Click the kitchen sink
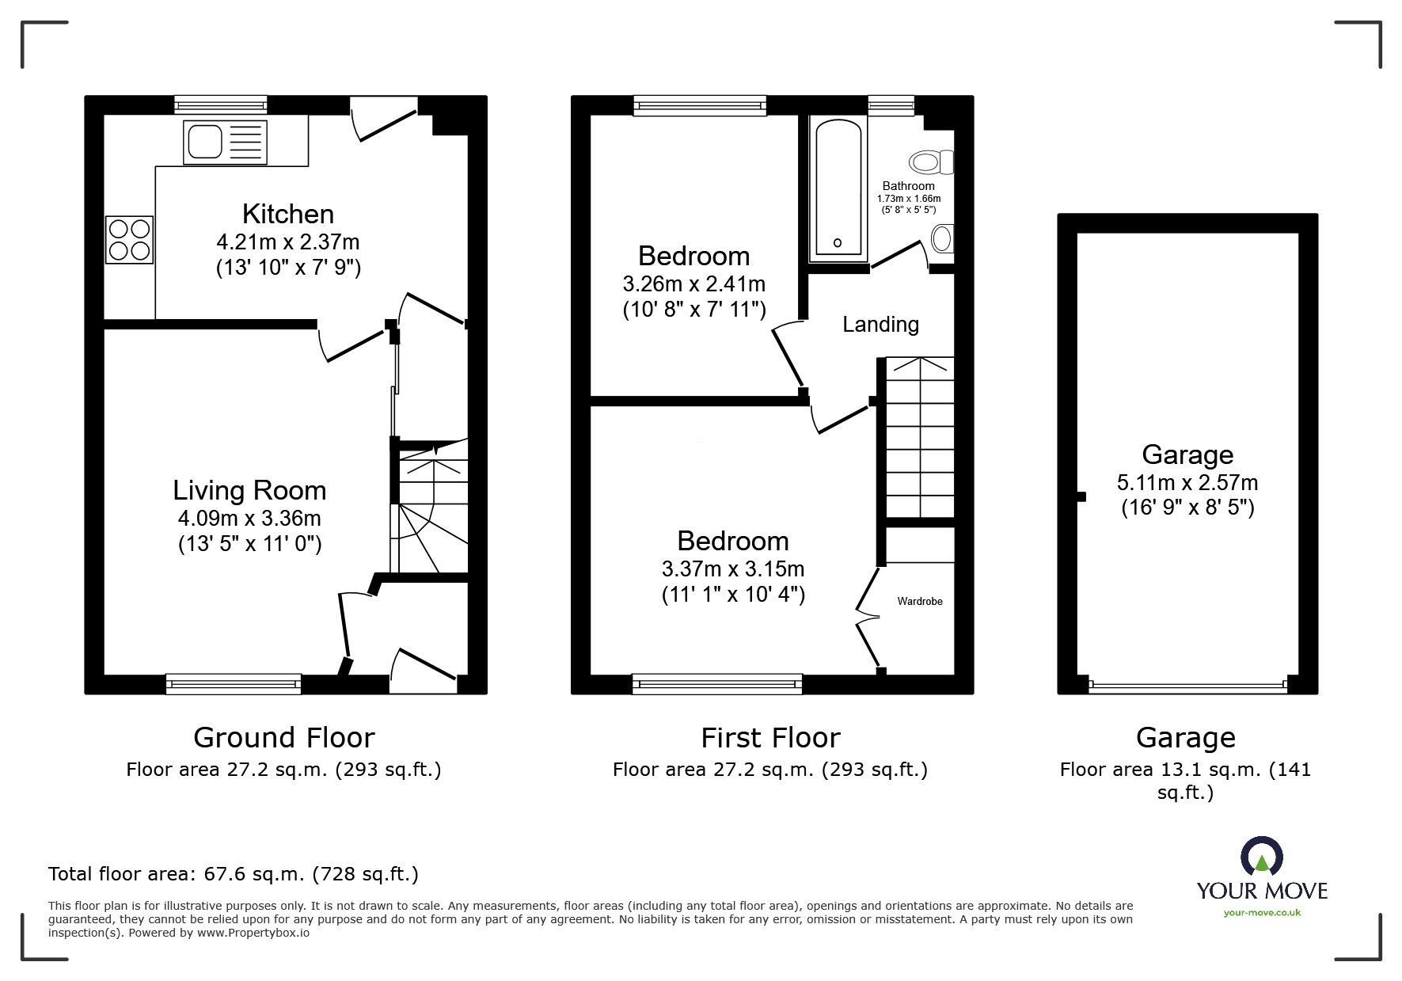[225, 142]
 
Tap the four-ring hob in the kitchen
[129, 239]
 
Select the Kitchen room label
[287, 214]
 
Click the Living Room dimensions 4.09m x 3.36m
[249, 519]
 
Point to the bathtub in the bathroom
[837, 188]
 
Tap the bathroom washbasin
[941, 238]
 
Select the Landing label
[880, 324]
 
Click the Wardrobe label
[919, 602]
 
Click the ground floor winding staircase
[431, 511]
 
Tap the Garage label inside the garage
[1187, 454]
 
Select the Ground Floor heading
[283, 738]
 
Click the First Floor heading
[769, 738]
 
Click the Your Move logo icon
[1261, 857]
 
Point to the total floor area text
[234, 874]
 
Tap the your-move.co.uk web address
[1262, 913]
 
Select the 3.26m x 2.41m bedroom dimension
[693, 283]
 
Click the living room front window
[234, 684]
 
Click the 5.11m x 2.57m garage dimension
[1187, 482]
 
